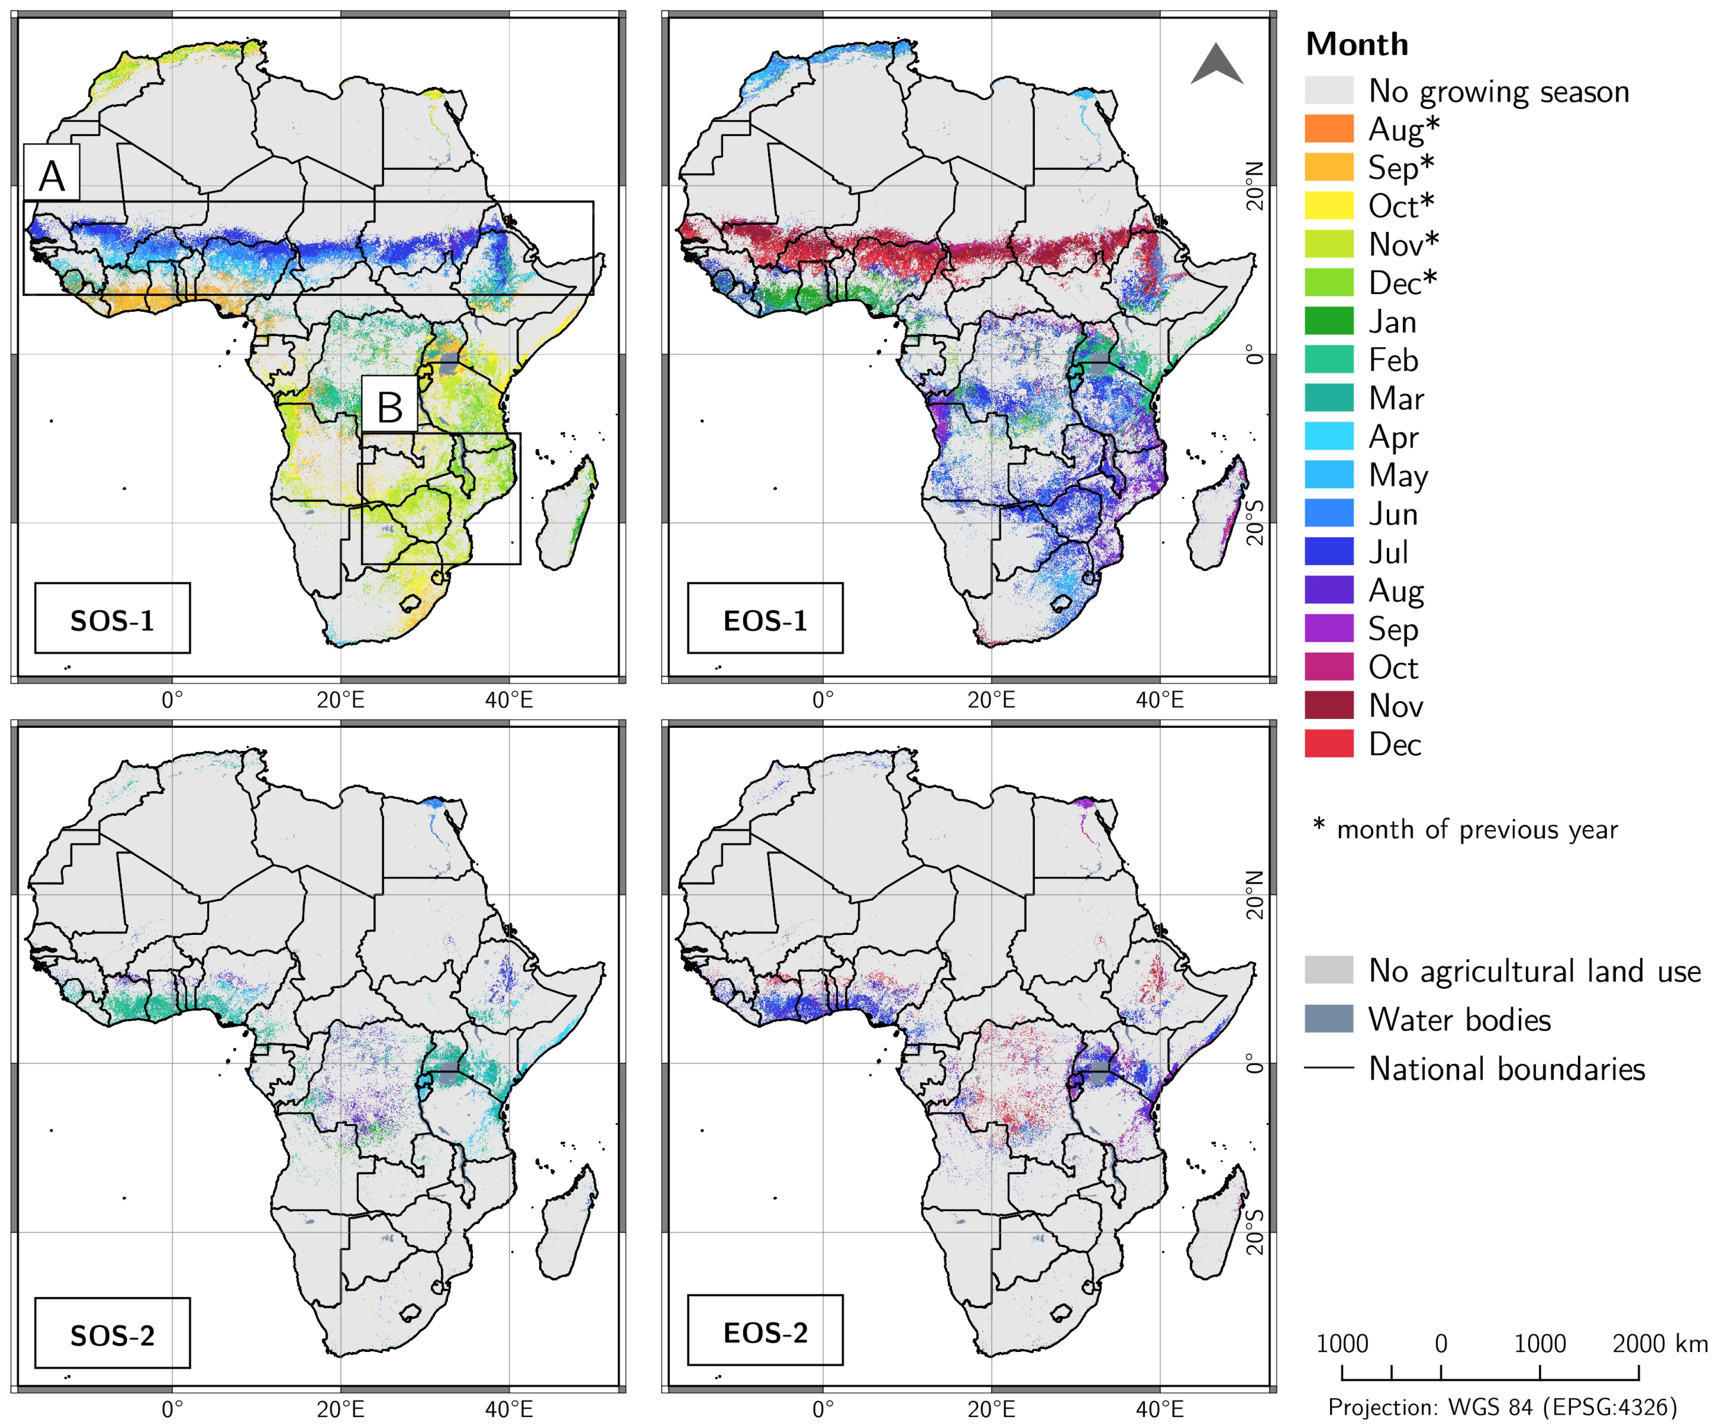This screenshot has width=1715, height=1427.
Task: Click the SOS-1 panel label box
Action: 112,618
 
